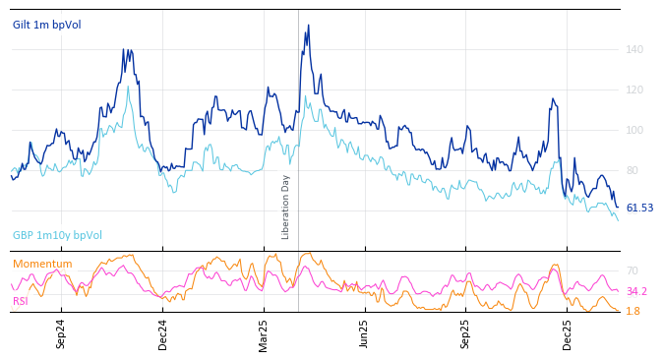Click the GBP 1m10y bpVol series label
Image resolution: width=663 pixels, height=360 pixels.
(57, 235)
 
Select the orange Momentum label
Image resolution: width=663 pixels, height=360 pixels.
(41, 264)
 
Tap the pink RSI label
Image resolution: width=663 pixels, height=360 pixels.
(21, 301)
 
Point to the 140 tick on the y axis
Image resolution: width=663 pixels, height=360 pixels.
(634, 49)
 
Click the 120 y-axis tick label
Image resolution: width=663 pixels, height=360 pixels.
(634, 90)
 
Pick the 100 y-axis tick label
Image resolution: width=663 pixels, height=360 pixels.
(634, 130)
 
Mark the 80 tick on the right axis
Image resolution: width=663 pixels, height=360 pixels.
(633, 170)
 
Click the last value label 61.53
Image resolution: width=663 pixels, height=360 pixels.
(639, 209)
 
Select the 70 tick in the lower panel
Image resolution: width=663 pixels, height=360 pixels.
(632, 270)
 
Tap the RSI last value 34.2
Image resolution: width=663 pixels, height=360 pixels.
(636, 291)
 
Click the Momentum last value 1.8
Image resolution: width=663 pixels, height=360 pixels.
(633, 311)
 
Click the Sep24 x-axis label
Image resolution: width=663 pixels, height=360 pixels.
(61, 333)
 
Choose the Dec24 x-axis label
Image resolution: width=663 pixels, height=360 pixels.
(162, 333)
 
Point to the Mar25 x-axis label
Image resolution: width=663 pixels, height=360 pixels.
(264, 333)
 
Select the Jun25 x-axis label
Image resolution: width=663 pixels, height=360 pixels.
(365, 333)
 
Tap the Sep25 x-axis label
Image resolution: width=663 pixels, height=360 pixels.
(466, 333)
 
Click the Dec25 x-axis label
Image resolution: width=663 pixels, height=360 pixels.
(568, 333)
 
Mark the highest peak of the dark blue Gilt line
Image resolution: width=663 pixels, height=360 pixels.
(308, 26)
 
